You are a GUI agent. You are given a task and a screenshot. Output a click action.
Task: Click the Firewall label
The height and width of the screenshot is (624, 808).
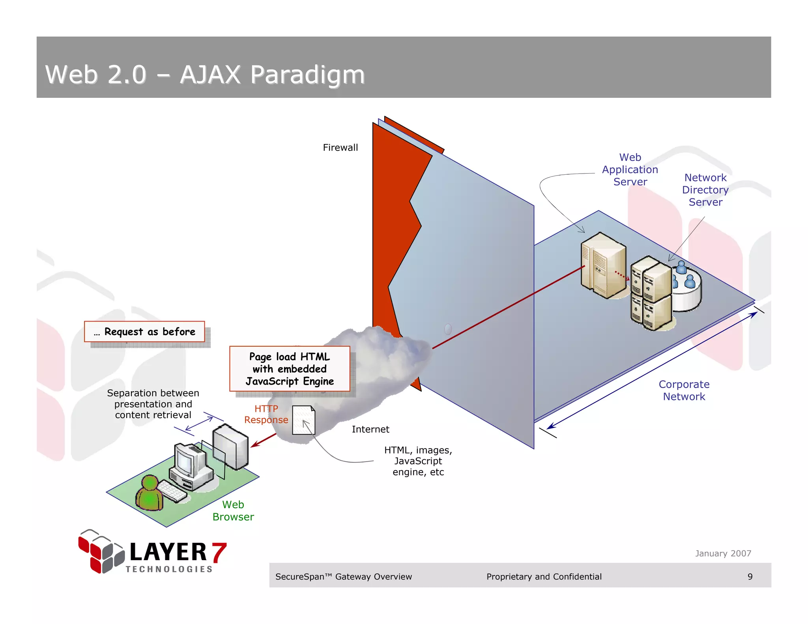point(340,148)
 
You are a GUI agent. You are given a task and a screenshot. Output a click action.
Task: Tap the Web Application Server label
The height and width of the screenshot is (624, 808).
point(630,170)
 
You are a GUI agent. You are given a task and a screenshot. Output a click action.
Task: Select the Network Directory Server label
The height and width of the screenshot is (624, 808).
point(705,190)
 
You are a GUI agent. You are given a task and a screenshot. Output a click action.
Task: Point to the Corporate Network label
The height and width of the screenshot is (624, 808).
point(684,390)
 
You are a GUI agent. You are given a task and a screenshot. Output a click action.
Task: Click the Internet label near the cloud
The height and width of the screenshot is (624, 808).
point(370,429)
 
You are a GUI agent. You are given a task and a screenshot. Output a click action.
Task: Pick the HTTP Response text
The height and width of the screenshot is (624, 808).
point(266,414)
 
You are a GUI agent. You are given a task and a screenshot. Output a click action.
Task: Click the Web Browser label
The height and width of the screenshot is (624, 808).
point(233,510)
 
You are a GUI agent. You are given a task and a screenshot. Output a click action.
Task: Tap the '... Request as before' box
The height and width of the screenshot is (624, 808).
point(144,332)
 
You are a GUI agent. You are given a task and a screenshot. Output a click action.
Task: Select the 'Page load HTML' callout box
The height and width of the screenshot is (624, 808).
point(290,369)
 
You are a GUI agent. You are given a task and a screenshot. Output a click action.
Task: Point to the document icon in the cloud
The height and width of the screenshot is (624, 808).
point(303,420)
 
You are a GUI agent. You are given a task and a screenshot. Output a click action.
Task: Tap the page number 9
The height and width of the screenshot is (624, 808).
point(750,577)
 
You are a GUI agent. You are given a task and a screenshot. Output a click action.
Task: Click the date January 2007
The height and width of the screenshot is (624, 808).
point(723,553)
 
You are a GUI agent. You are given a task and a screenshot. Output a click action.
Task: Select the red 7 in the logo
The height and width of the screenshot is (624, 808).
point(219,552)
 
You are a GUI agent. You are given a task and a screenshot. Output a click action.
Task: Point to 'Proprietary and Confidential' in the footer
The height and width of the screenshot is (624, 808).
point(544,577)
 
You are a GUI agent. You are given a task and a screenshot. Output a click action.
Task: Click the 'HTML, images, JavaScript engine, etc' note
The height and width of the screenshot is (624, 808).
point(418,461)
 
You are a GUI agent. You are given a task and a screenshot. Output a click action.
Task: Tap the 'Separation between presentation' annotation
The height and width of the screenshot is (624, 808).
point(153,404)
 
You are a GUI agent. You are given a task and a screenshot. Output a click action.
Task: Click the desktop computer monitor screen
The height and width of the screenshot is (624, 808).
point(185,460)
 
